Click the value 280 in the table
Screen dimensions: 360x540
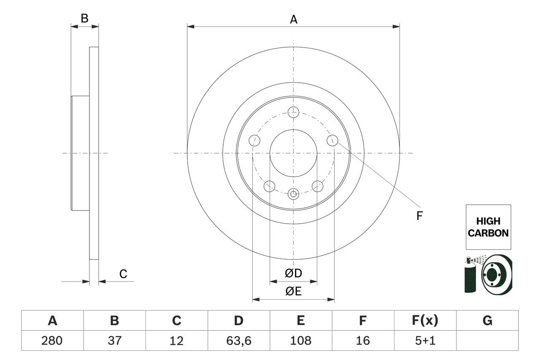point(52,341)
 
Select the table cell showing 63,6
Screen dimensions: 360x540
point(239,341)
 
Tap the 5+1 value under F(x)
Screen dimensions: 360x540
point(425,341)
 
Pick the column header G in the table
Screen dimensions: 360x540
point(487,321)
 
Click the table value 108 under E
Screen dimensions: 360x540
point(301,341)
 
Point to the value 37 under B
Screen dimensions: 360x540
point(114,341)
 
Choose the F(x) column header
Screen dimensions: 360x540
point(425,321)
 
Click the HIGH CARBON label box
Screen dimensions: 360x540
point(488,227)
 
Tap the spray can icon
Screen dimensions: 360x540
point(470,277)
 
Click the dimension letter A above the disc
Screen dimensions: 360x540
point(293,19)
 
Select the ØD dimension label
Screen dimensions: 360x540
point(293,273)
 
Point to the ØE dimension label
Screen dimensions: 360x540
point(293,291)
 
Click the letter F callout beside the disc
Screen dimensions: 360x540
point(419,216)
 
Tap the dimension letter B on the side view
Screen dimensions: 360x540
point(84,19)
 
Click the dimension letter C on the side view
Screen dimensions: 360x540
point(123,274)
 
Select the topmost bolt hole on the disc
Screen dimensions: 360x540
point(293,112)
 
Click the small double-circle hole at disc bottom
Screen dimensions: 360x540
point(293,194)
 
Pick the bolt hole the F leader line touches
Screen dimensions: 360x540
point(332,141)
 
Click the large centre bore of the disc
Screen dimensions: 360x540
point(293,153)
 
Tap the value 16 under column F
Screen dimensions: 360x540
point(363,341)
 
